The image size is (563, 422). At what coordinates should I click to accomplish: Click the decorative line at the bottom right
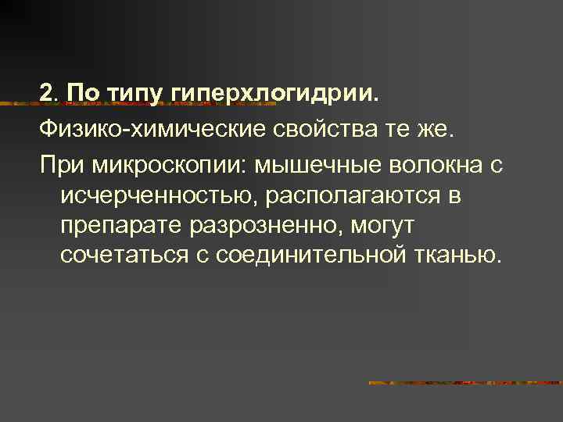coord(465,383)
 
